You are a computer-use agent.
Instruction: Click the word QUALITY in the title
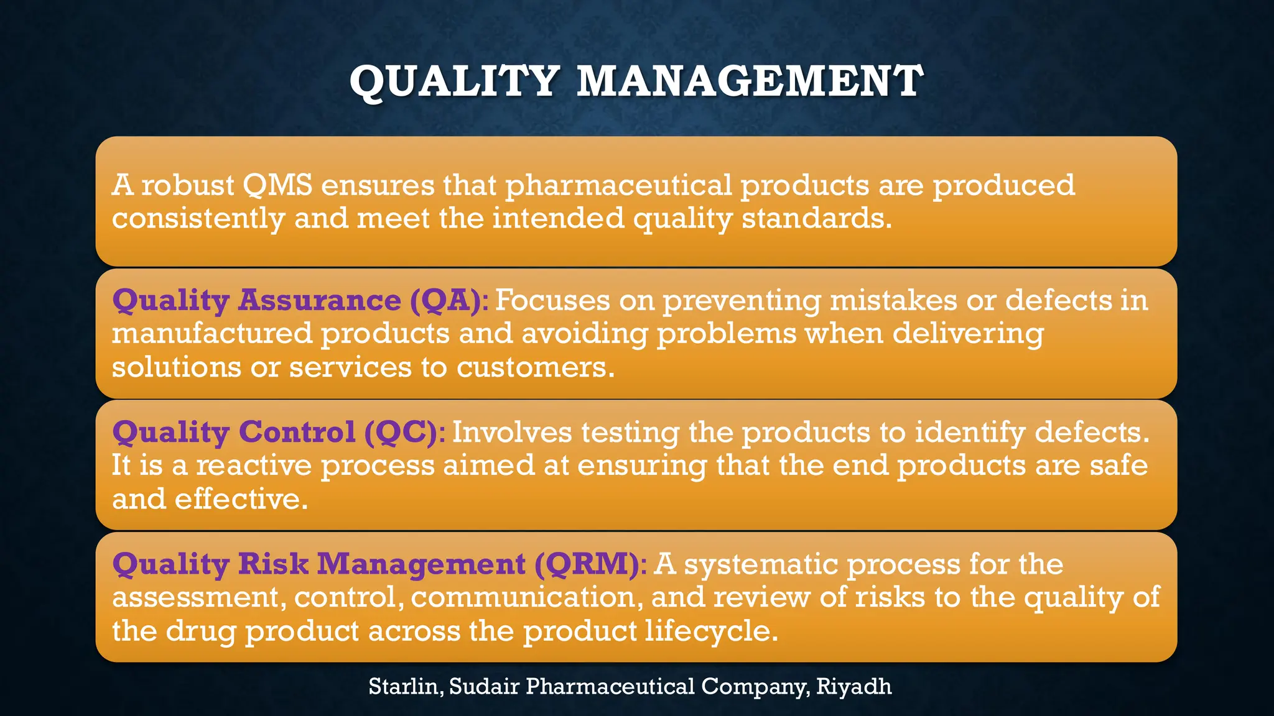(454, 82)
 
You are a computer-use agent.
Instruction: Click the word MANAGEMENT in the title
(749, 82)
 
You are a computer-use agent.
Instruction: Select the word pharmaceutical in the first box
(618, 185)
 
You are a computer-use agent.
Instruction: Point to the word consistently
(198, 219)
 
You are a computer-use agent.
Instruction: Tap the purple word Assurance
(320, 301)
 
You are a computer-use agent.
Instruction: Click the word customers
(535, 367)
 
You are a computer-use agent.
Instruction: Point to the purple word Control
(297, 433)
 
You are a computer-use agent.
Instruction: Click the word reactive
(253, 466)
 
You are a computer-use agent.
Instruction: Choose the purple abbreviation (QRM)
(586, 564)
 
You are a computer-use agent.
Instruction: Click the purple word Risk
(273, 564)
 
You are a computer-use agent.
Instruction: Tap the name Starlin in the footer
(405, 687)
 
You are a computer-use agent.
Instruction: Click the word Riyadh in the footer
(853, 687)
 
